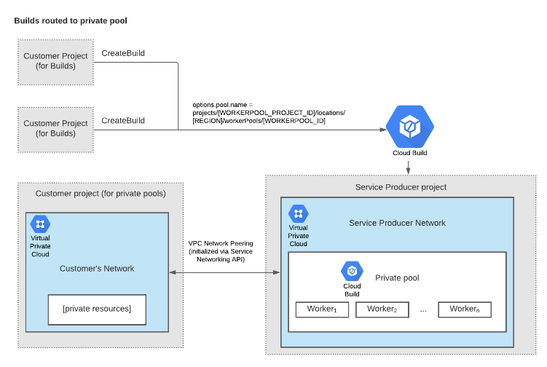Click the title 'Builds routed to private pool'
71,21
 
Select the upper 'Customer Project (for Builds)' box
56,62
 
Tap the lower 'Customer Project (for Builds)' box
56,130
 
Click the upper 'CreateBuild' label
123,53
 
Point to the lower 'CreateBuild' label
123,120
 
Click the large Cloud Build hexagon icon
410,127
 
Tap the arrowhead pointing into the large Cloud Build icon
383,130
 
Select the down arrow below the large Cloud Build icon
408,167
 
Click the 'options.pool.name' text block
269,113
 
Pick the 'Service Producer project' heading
401,187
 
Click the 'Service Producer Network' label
398,223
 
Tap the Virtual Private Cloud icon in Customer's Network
40,224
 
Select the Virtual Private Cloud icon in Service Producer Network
299,213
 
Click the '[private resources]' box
97,309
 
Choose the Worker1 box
322,309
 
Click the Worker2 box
382,309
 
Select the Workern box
465,309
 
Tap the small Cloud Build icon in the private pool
352,271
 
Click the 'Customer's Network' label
97,268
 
